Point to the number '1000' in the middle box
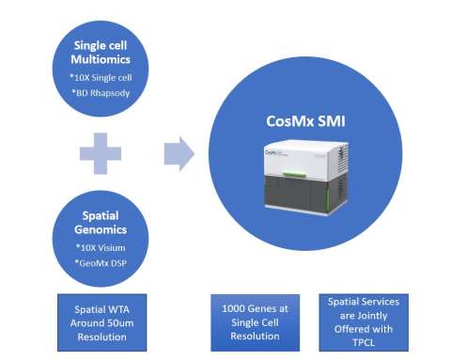232,306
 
